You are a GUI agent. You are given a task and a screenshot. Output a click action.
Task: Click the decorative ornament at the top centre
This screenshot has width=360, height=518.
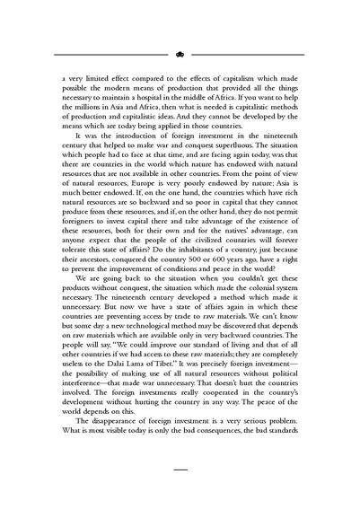180,53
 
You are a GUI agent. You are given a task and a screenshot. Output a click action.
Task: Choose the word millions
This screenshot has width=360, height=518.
82,112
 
